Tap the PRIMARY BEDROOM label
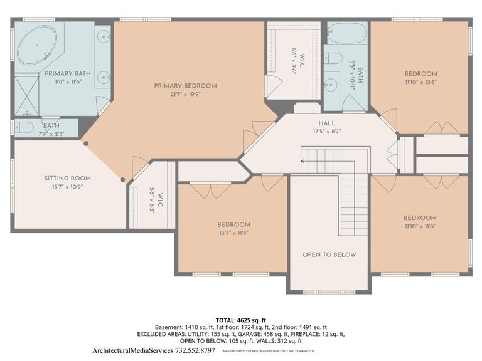pyautogui.click(x=185, y=86)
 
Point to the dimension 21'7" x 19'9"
pyautogui.click(x=185, y=95)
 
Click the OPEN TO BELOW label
pyautogui.click(x=329, y=254)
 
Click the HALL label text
pyautogui.click(x=326, y=123)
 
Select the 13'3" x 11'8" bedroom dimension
pyautogui.click(x=233, y=233)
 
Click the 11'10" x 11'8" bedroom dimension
pyautogui.click(x=420, y=226)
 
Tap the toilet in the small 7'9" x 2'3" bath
pyautogui.click(x=24, y=127)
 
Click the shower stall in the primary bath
pyautogui.click(x=26, y=95)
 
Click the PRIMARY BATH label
pyautogui.click(x=67, y=73)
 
